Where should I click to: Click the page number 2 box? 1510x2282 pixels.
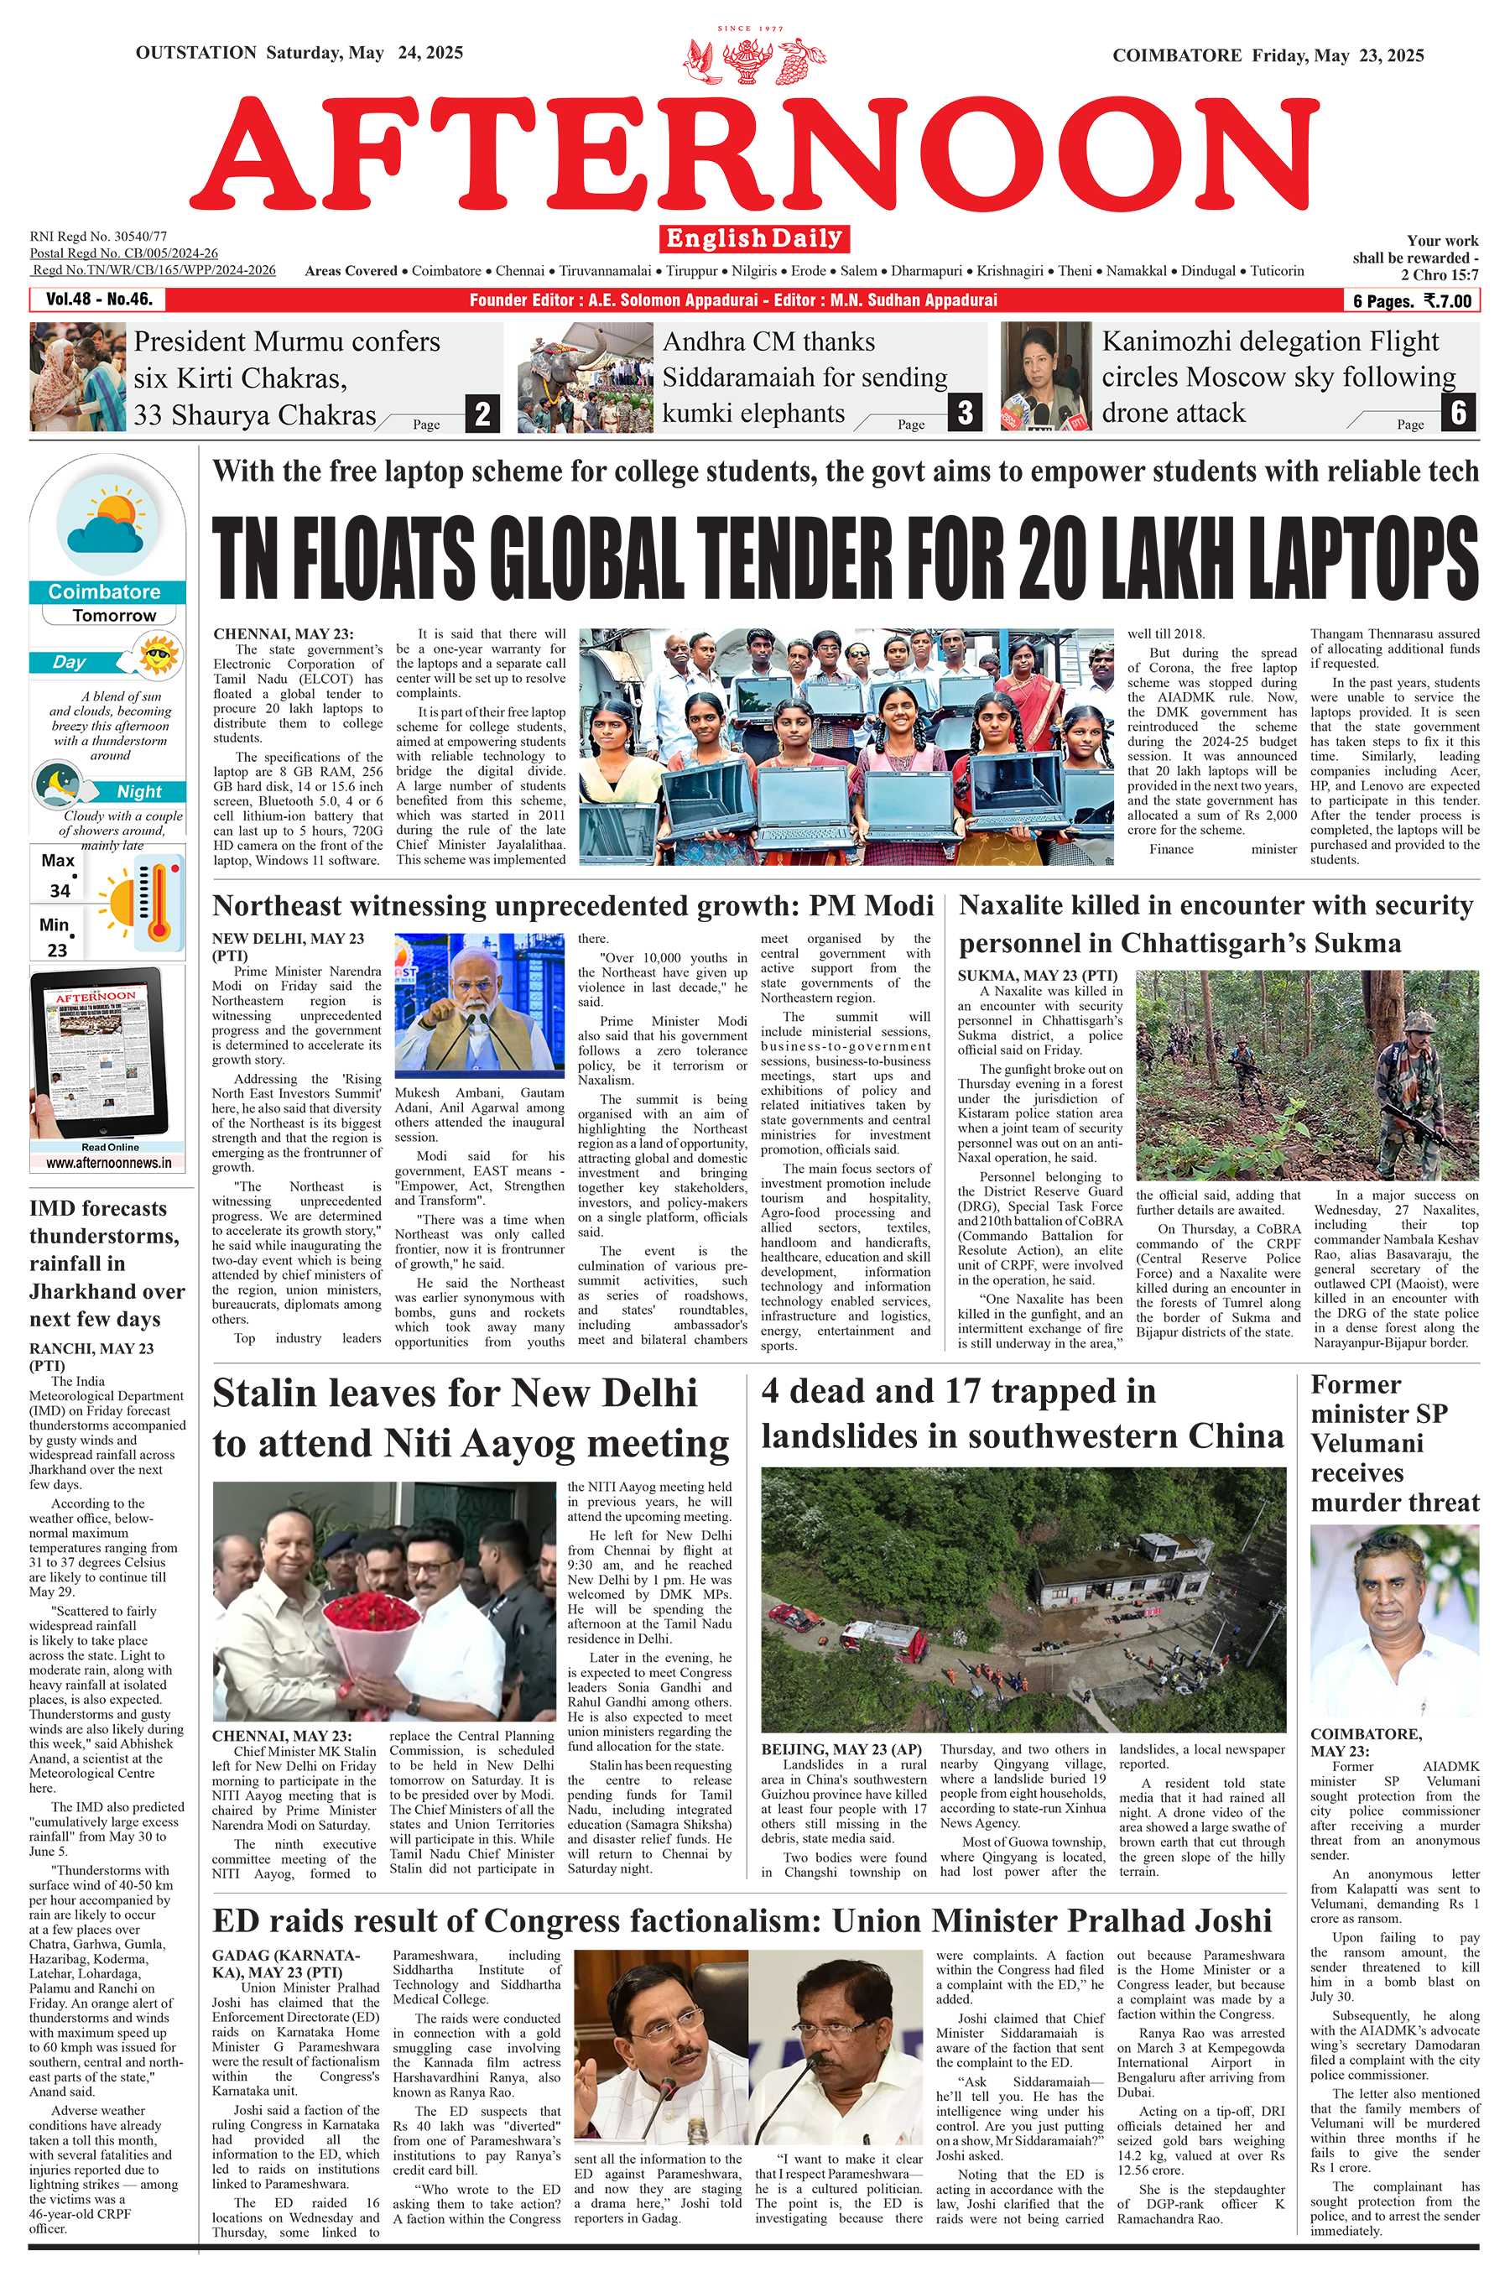482,414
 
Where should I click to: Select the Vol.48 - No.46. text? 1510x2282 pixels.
99,300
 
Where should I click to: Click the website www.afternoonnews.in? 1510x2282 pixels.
108,1162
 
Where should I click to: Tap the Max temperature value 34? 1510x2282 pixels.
60,891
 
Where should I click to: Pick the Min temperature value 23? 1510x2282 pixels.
58,950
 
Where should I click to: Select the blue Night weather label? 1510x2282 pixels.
138,791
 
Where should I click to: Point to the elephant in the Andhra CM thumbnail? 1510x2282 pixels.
557,370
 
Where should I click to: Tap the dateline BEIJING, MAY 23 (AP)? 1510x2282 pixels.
841,1749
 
